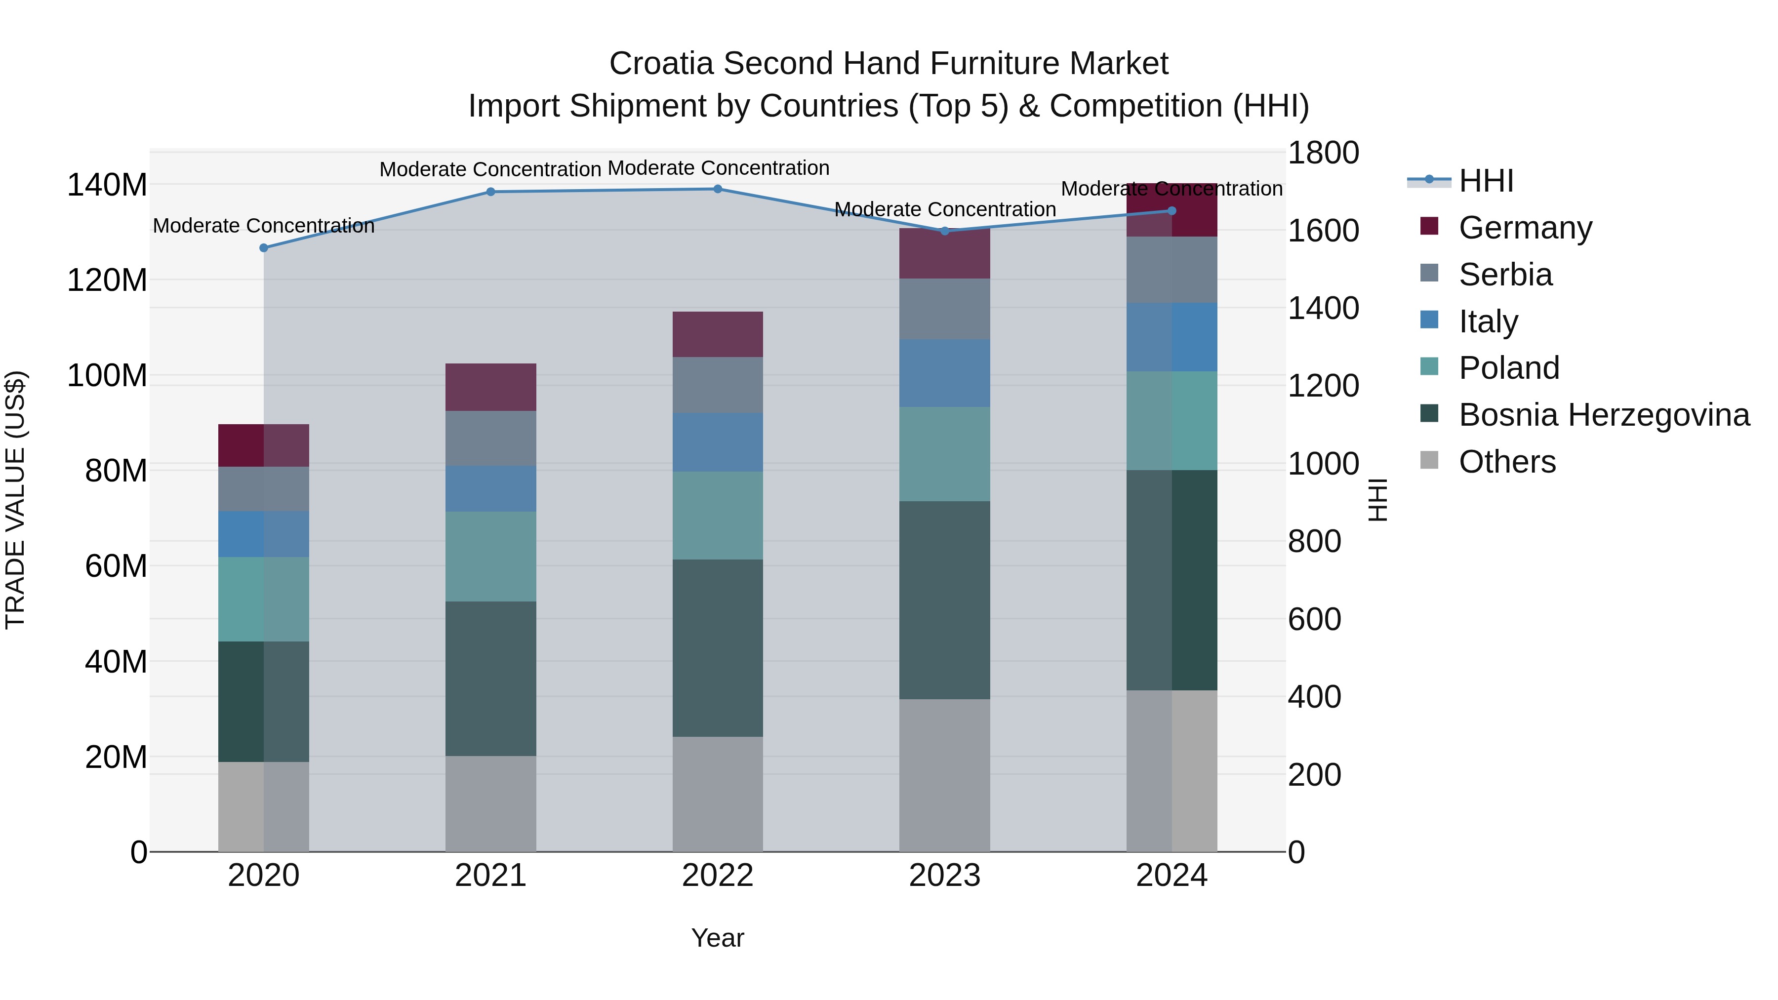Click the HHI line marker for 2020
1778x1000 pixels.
(264, 248)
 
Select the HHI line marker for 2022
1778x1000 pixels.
(718, 189)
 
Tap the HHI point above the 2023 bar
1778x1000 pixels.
(945, 231)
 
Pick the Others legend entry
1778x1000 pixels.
(1507, 462)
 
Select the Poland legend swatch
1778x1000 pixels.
(1429, 367)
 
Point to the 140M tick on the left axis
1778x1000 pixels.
(107, 185)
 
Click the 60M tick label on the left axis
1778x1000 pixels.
(115, 566)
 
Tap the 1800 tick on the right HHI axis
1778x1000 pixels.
(1323, 153)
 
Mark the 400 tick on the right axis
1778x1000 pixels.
(1314, 696)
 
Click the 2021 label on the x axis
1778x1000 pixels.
(491, 876)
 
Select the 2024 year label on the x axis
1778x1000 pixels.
(1172, 876)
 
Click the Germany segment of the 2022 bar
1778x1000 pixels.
(718, 334)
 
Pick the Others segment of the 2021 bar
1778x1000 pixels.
(491, 803)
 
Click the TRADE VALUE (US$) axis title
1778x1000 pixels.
(15, 500)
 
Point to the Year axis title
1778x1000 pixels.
(718, 938)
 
